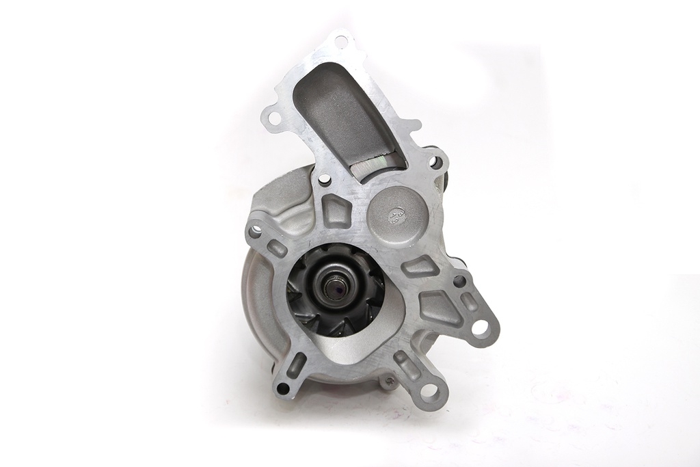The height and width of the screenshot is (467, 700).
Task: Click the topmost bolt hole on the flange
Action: pyautogui.click(x=340, y=41)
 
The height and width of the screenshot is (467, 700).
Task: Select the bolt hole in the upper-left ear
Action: pyautogui.click(x=274, y=118)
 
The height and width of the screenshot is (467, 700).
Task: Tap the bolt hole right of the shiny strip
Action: pyautogui.click(x=433, y=162)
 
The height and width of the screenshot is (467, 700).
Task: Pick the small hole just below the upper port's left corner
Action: pyautogui.click(x=324, y=180)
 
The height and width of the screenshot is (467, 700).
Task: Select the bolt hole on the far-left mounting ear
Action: pyautogui.click(x=255, y=231)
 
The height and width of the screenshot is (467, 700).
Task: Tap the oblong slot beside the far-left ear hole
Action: pyautogui.click(x=277, y=248)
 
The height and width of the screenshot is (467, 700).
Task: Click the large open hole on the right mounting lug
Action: pyautogui.click(x=481, y=328)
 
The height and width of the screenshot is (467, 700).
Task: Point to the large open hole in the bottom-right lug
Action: pyautogui.click(x=429, y=391)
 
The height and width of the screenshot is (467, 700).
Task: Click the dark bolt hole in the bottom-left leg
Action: pyautogui.click(x=282, y=388)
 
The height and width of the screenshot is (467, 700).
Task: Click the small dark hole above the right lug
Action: pyautogui.click(x=459, y=280)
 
